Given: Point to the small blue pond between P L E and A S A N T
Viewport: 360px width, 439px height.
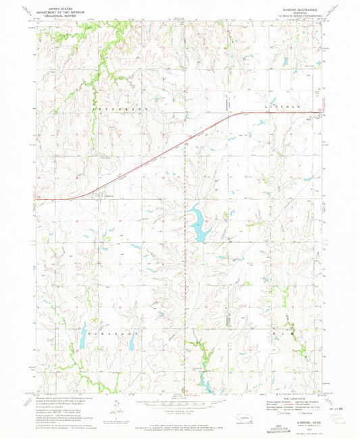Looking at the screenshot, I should tap(131, 344).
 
